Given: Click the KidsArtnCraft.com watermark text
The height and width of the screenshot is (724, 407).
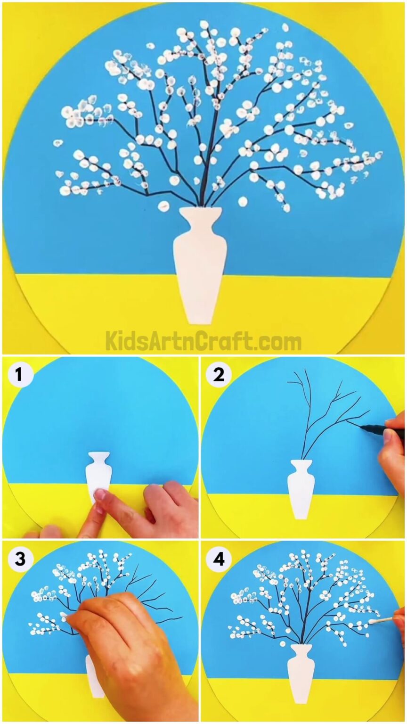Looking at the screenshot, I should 203,340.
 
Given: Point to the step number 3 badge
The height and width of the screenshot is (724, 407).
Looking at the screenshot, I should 19,559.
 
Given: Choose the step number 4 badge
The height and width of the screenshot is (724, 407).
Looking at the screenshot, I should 218,559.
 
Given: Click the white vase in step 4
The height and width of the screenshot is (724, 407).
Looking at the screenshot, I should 301,674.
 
